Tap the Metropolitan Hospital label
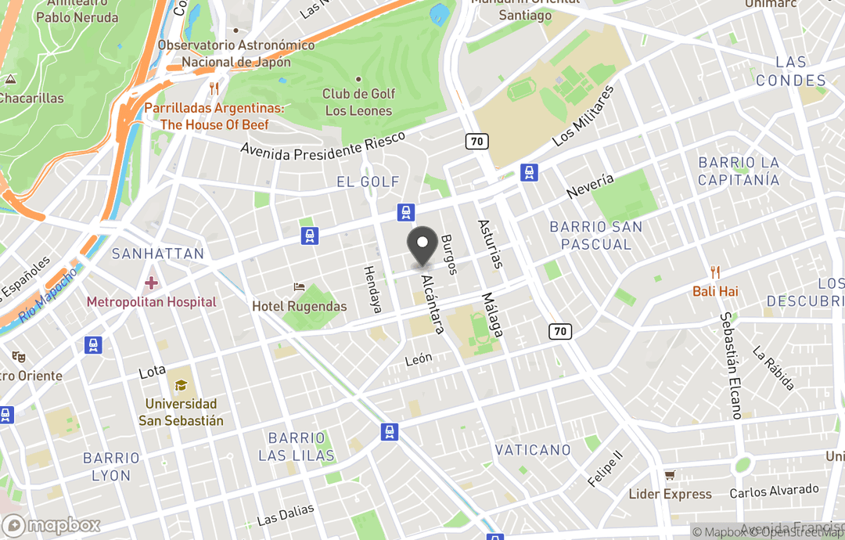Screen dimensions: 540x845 pos(151,301)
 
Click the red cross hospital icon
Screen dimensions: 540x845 pos(151,282)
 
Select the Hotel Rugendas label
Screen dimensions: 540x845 pos(299,306)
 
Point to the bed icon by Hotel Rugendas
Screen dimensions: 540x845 pos(298,288)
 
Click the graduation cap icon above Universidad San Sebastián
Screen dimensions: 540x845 pos(181,385)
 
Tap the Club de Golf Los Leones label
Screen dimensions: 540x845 pos(358,102)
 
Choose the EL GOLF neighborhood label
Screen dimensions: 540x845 pos(368,182)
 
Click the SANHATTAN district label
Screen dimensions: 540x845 pos(157,254)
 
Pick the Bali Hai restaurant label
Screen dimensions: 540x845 pos(715,291)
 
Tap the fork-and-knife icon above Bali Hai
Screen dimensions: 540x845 pos(715,272)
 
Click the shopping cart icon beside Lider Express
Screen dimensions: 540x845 pos(670,475)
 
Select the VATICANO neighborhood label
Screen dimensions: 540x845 pos(533,450)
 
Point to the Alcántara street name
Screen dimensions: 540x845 pos(433,304)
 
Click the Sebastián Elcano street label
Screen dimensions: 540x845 pos(730,366)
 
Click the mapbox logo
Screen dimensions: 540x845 pos(52,525)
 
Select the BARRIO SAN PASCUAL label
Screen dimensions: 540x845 pos(595,236)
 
